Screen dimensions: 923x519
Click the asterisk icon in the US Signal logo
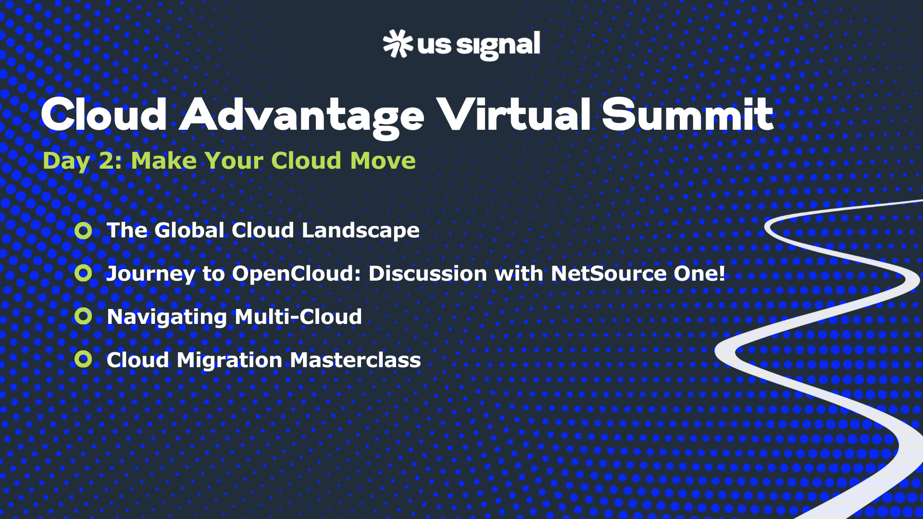coord(398,44)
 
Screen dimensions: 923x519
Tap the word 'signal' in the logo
coord(498,46)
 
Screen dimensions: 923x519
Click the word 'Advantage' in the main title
coord(302,116)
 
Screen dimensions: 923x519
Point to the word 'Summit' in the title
coord(688,114)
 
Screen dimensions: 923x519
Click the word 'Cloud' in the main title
coord(104,114)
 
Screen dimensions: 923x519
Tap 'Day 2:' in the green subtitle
coord(82,161)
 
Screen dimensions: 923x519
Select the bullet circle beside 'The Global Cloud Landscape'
coord(83,231)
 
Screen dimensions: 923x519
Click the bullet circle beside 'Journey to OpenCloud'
coord(83,273)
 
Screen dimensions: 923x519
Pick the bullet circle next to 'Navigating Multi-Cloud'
coord(83,316)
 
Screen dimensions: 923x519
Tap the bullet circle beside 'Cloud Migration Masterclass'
coord(83,359)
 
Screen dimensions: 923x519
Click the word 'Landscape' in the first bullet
coord(361,231)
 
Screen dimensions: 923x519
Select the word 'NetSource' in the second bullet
coord(609,273)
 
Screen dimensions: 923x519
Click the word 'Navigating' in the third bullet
coord(167,317)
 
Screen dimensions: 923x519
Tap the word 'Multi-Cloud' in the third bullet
coord(299,317)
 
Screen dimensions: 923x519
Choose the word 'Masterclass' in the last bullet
coord(355,360)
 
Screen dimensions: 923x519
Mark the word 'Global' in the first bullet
coord(189,230)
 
